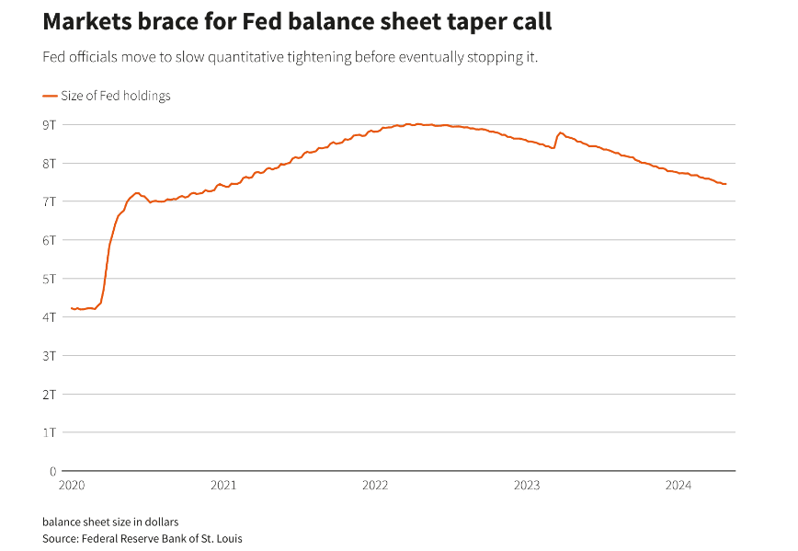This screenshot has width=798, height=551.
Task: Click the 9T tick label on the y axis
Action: tap(50, 124)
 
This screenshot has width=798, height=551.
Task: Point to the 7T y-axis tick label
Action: tap(50, 201)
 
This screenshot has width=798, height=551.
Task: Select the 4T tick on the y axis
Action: tap(50, 316)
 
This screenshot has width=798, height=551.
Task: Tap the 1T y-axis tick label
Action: tap(50, 431)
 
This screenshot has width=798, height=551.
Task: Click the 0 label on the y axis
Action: tap(52, 470)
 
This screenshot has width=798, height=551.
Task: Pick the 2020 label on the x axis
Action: tap(72, 485)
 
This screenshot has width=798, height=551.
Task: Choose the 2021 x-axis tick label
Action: tap(223, 485)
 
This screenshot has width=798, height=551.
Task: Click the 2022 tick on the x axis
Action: tap(375, 485)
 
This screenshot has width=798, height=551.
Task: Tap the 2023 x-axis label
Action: tap(527, 485)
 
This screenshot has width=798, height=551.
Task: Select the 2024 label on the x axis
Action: tap(678, 485)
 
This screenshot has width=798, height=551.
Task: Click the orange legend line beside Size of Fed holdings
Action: tap(50, 96)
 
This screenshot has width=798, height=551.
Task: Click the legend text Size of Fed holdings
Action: tap(116, 96)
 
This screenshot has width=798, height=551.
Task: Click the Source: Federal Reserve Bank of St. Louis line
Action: tap(142, 538)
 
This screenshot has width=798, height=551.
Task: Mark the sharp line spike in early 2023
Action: tap(561, 132)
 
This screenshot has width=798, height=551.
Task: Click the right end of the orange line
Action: tap(725, 184)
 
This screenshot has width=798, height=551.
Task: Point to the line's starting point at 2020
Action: tap(72, 308)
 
